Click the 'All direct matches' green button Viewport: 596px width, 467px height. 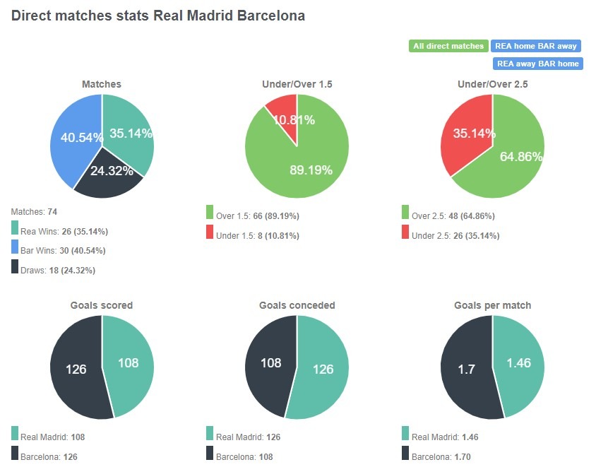[x=448, y=46]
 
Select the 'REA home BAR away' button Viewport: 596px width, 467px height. [x=535, y=46]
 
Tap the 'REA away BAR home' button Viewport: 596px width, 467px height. [x=537, y=64]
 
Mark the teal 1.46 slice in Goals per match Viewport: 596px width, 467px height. [x=521, y=364]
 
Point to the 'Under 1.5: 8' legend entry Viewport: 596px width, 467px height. [x=252, y=236]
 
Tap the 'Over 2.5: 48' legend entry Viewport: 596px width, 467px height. [x=448, y=216]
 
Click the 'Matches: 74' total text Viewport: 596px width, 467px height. [x=35, y=211]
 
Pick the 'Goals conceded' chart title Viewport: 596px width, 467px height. [x=297, y=305]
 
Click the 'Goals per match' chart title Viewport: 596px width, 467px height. [x=492, y=305]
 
